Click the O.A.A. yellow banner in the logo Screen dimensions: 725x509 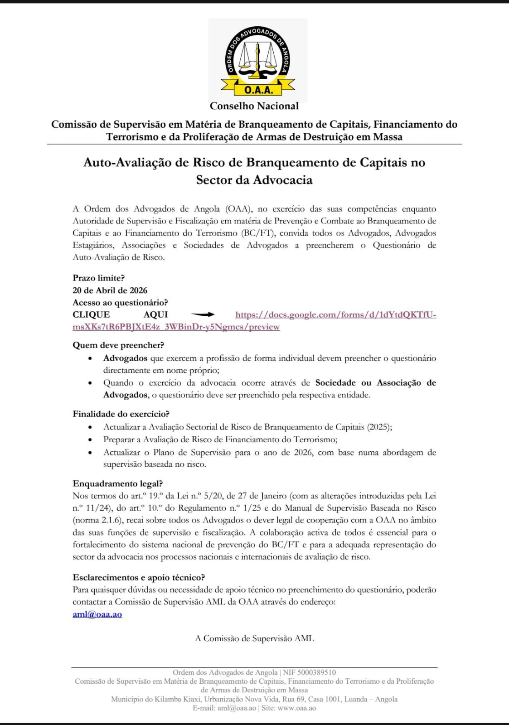258,89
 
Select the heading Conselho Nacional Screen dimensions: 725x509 254,106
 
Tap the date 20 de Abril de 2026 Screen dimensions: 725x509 110,290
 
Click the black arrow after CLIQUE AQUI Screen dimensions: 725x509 203,314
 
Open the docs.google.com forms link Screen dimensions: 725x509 335,315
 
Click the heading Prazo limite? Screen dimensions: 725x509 98,278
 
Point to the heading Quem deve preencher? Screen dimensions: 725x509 118,345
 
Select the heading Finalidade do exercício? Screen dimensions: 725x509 121,414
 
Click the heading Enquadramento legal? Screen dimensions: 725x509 117,483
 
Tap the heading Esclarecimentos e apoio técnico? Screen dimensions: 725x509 139,577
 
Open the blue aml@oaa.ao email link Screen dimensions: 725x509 97,614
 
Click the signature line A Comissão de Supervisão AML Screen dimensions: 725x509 254,638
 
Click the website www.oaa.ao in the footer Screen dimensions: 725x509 296,708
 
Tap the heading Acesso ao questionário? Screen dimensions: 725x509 120,303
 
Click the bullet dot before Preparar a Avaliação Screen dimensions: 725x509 91,440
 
